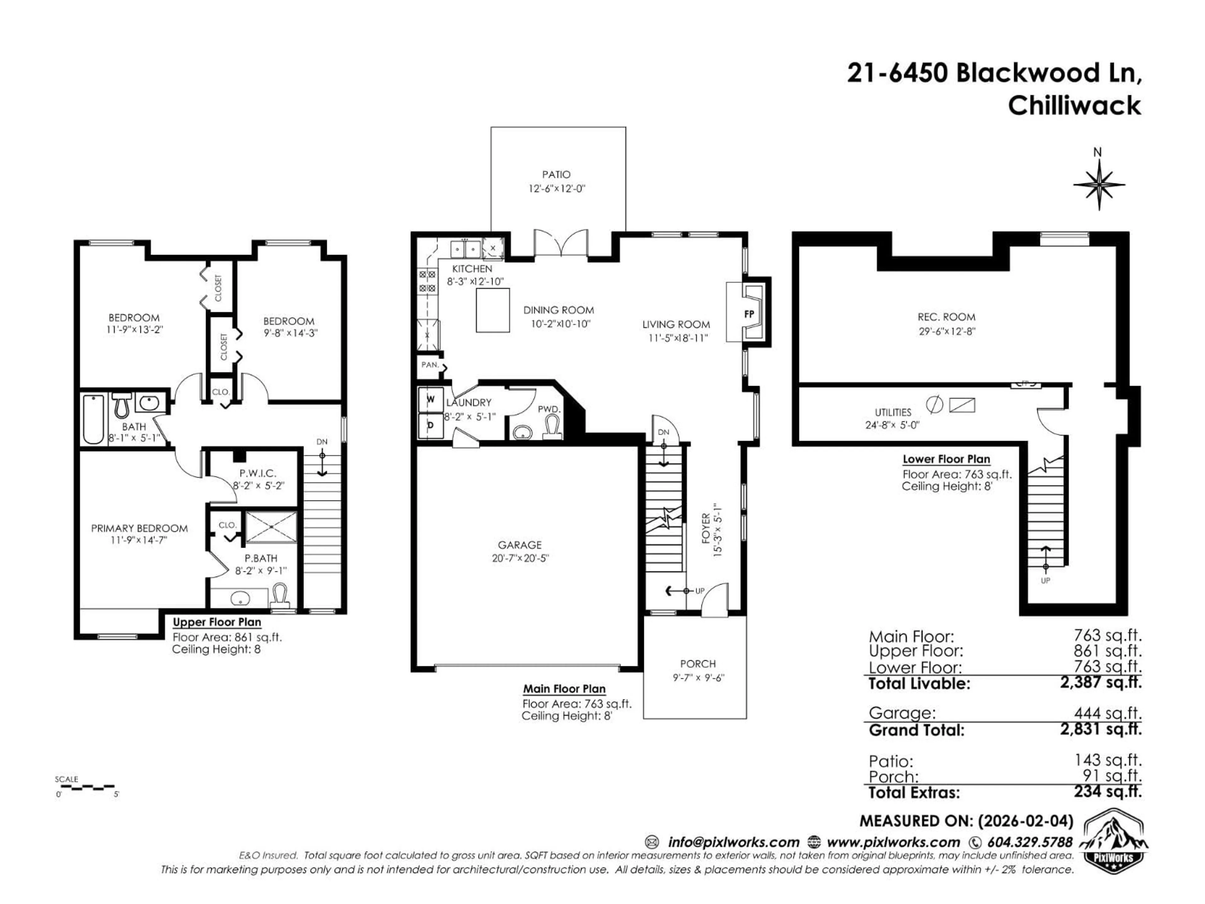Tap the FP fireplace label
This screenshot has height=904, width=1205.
[749, 315]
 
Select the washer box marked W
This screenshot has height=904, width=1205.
[430, 399]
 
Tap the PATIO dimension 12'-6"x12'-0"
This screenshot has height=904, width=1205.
[556, 189]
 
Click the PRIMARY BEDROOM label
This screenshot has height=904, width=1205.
[139, 528]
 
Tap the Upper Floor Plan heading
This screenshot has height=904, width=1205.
[217, 622]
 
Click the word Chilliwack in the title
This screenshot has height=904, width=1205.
[1074, 105]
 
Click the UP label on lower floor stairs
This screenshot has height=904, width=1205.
[1045, 581]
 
